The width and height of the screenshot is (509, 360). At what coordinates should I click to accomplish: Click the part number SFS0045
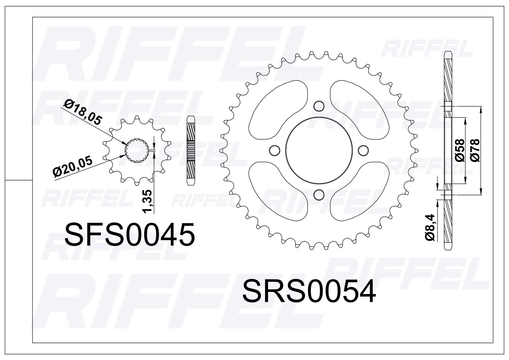130,235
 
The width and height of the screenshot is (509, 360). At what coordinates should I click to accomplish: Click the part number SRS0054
309,291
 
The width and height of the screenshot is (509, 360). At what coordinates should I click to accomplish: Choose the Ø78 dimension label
475,150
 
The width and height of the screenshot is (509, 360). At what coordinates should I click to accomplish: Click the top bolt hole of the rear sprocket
319,106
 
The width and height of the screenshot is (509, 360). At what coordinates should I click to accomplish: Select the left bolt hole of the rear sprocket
274,150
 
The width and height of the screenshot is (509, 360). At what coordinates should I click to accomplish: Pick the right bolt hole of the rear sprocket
363,150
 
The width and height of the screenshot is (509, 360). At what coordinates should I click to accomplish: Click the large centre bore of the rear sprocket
319,150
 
